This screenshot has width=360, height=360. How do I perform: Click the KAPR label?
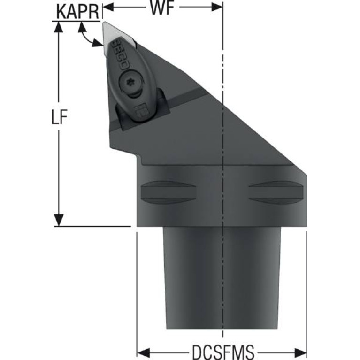coord(77,11)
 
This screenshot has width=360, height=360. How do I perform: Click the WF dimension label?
coord(162,8)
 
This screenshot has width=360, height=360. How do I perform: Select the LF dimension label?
coord(59,116)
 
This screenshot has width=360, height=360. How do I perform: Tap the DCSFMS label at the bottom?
coord(223,352)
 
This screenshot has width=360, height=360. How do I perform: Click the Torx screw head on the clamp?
coord(131,82)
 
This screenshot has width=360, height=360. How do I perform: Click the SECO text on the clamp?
coord(120,54)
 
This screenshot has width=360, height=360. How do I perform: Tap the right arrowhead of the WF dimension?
coord(217,7)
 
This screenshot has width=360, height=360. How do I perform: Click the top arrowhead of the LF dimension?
coord(59,27)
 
